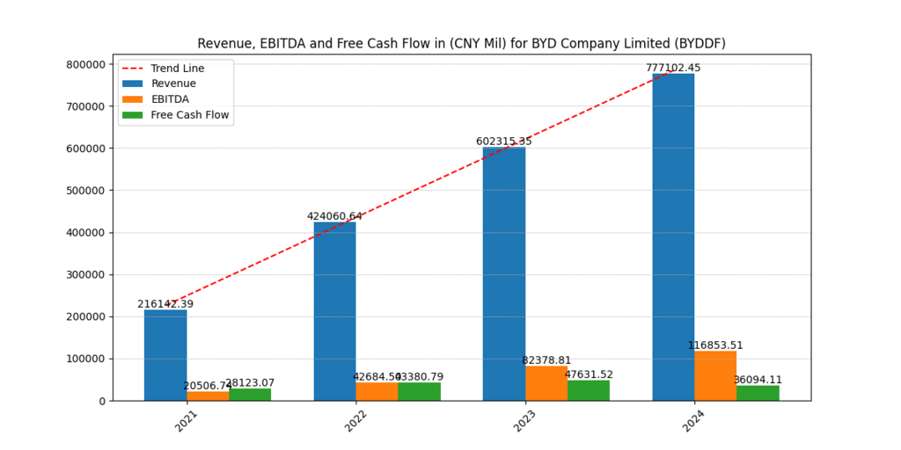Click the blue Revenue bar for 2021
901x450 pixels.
[x=165, y=355]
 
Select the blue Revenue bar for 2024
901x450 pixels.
[x=673, y=237]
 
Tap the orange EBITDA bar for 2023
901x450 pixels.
[x=546, y=383]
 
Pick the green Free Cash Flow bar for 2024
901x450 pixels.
[x=758, y=393]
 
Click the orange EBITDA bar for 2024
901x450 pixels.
[x=715, y=376]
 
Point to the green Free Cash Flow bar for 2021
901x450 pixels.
[x=250, y=395]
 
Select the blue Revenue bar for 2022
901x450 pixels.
[x=334, y=311]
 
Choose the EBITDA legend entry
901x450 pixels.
[x=170, y=99]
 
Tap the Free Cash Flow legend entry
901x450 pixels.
[x=189, y=115]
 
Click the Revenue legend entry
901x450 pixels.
[x=173, y=83]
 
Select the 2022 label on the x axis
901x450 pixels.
[x=356, y=421]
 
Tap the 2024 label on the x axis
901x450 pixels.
[x=694, y=421]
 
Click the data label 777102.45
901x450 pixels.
[x=673, y=68]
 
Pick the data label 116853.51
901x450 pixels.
[x=715, y=345]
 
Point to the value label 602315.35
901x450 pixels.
[x=504, y=142]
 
